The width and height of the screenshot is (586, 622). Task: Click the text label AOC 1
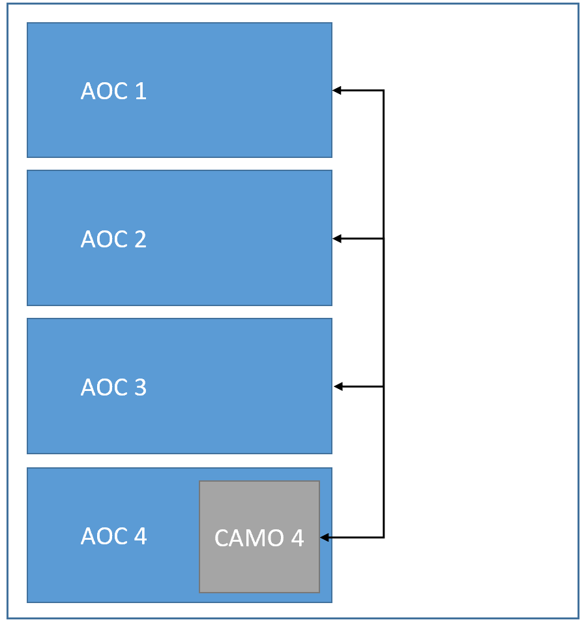coord(113,91)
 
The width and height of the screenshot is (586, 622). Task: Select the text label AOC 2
coord(113,240)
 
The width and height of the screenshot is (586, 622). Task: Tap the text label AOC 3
coord(113,388)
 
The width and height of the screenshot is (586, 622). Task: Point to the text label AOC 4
coord(113,536)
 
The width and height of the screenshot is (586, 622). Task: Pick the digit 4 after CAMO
coord(297,538)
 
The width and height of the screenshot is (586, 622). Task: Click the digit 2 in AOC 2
coord(139,240)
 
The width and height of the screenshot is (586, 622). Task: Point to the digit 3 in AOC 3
coord(139,388)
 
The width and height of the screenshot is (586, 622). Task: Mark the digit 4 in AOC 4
coord(139,536)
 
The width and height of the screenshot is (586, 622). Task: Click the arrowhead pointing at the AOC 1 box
coord(337,91)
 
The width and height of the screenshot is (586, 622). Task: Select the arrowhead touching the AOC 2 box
coord(337,239)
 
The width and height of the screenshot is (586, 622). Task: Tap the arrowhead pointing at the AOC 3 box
coord(338,387)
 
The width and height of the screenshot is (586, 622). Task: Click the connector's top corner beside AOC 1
coord(383,91)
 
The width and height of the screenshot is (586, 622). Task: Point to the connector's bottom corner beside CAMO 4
coord(383,538)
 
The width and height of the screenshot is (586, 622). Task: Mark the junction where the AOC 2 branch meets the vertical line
coord(383,239)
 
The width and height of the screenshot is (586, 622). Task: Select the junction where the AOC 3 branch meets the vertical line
coord(383,387)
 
